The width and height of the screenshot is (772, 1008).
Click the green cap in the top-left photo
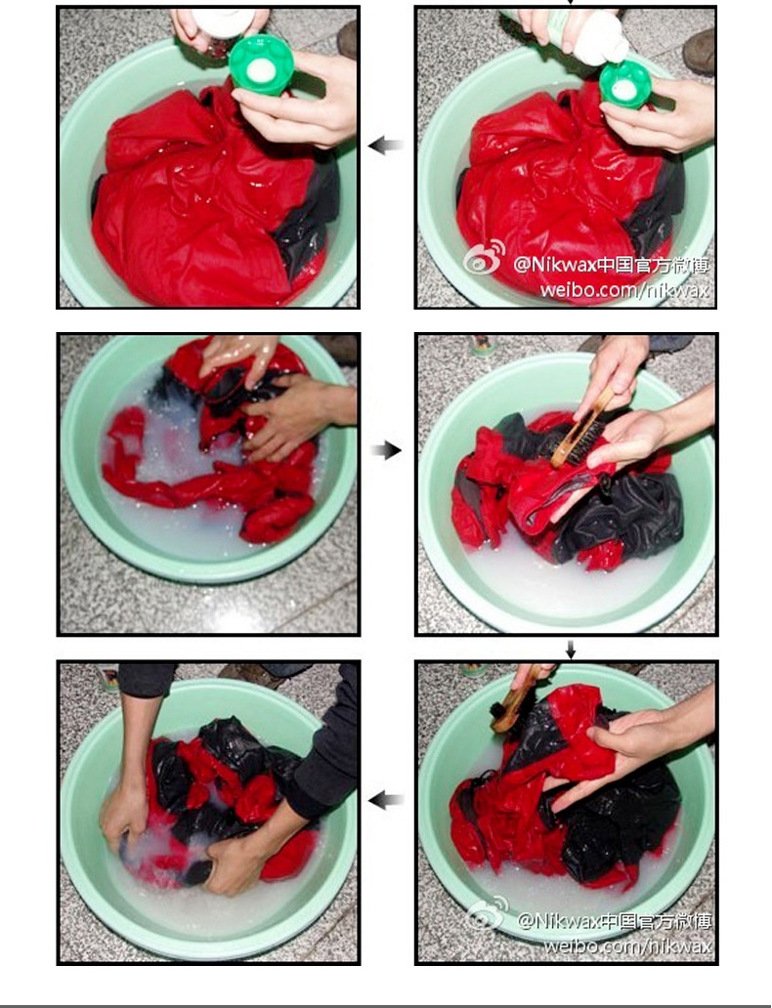tap(261, 64)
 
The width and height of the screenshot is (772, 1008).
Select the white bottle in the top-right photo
tap(588, 35)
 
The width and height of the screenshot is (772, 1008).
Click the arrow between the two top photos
tap(386, 146)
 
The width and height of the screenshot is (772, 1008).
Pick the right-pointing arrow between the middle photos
tap(387, 450)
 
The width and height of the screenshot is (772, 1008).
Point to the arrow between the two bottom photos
tap(386, 800)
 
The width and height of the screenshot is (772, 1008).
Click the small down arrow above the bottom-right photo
tap(571, 651)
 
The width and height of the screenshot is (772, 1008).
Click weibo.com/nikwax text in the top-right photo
tap(624, 290)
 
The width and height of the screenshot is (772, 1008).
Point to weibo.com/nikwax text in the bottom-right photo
tap(628, 945)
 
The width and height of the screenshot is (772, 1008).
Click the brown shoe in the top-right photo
tap(699, 52)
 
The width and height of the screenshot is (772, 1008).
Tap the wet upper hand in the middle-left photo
tap(239, 356)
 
